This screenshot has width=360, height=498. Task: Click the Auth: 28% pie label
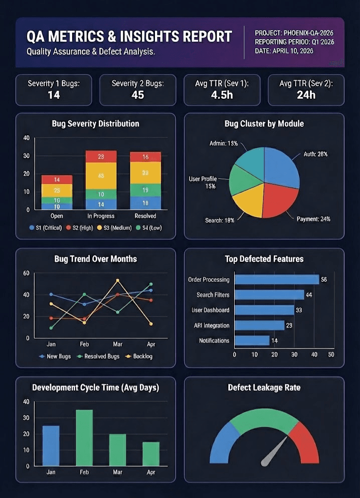pyautogui.click(x=315, y=154)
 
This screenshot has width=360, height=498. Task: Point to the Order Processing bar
pyautogui.click(x=277, y=279)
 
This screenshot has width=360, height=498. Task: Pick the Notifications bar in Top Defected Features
pyautogui.click(x=252, y=341)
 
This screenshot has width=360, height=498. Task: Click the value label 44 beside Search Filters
pyautogui.click(x=309, y=295)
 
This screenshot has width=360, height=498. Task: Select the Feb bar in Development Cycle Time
pyautogui.click(x=84, y=437)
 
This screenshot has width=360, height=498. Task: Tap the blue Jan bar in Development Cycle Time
pyautogui.click(x=51, y=445)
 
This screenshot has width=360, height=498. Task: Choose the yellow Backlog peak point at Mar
pyautogui.click(x=117, y=280)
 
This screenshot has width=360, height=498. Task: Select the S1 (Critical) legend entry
pyautogui.click(x=46, y=227)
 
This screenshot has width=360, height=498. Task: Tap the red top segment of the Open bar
pyautogui.click(x=57, y=180)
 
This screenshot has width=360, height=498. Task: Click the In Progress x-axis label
pyautogui.click(x=101, y=216)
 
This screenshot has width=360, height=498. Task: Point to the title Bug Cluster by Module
pyautogui.click(x=264, y=123)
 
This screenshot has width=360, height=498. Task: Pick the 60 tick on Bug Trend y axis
pyautogui.click(x=27, y=273)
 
